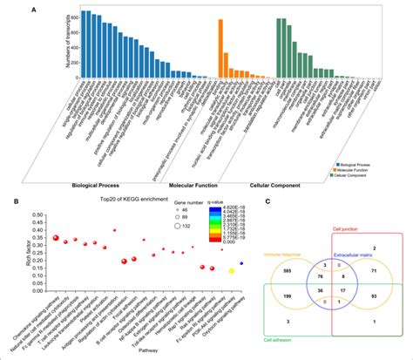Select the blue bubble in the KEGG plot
point(242,263)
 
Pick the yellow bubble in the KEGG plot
point(232,271)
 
